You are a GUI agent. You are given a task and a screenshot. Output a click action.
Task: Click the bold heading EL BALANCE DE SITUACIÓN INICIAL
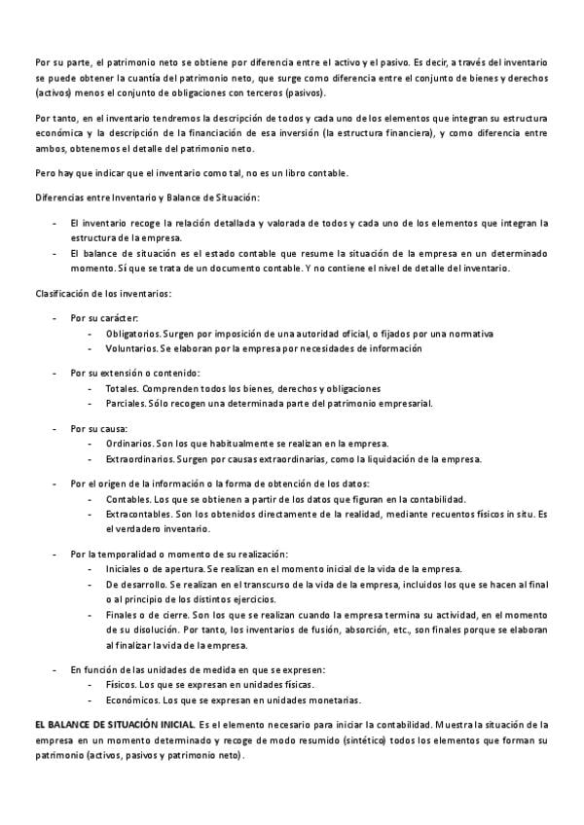115,724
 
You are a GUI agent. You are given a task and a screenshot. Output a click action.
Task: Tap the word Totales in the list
121,388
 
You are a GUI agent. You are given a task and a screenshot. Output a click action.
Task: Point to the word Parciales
124,402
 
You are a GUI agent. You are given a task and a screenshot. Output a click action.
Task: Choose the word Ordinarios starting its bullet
128,443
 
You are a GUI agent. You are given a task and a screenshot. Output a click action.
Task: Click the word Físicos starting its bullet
120,685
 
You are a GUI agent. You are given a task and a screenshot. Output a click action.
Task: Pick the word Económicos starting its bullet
129,699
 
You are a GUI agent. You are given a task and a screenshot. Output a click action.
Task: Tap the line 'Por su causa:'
98,428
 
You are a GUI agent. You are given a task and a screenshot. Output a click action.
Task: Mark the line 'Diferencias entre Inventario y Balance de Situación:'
147,198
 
